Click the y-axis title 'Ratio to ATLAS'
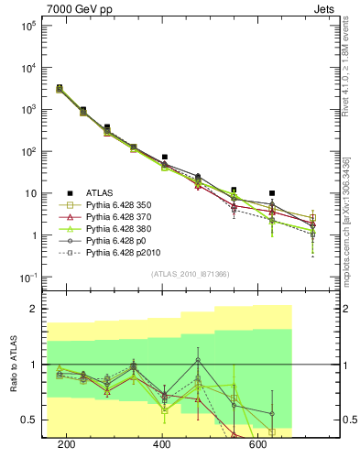(x=12, y=364)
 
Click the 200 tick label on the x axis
(x=66, y=444)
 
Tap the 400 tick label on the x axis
(x=162, y=444)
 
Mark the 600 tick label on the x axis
(x=258, y=444)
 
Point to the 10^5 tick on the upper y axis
(x=28, y=26)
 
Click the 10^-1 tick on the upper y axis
(x=28, y=278)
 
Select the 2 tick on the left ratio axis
(x=34, y=310)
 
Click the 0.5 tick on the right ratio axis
(x=347, y=420)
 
